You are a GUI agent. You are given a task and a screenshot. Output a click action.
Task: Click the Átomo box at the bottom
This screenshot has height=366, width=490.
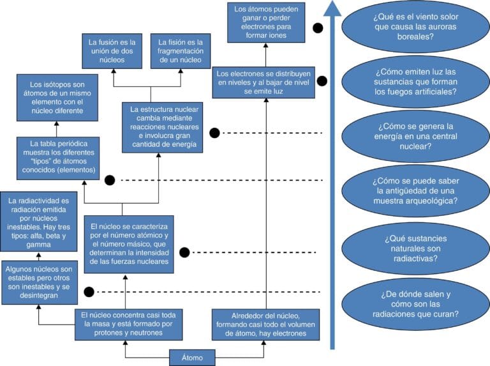pyautogui.click(x=192, y=358)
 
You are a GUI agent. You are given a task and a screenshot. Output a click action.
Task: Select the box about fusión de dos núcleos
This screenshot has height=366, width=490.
pyautogui.click(x=112, y=51)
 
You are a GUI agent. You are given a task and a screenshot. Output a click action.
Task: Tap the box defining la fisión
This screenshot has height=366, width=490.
pyautogui.click(x=181, y=51)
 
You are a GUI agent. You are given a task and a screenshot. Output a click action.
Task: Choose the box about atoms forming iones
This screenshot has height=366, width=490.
pyautogui.click(x=266, y=22)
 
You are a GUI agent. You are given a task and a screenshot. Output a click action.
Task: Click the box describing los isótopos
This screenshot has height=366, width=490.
pyautogui.click(x=57, y=98)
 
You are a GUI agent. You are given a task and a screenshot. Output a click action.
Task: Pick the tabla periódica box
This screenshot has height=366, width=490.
pyautogui.click(x=58, y=158)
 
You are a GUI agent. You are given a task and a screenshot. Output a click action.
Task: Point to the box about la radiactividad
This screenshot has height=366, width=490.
pyautogui.click(x=39, y=222)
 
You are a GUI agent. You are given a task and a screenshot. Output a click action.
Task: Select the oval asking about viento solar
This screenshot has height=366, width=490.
pyautogui.click(x=415, y=27)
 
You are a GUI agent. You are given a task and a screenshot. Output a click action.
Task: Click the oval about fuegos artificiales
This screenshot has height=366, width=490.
pyautogui.click(x=415, y=82)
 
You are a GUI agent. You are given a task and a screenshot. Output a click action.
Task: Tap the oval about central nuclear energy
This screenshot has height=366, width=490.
pyautogui.click(x=415, y=137)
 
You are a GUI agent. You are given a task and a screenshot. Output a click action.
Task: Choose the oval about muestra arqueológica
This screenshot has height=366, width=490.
pyautogui.click(x=415, y=191)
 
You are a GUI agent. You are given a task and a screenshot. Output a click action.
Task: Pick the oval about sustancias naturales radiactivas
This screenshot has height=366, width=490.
pyautogui.click(x=415, y=248)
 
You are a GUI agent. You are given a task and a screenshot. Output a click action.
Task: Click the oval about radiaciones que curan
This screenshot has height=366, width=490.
pyautogui.click(x=415, y=304)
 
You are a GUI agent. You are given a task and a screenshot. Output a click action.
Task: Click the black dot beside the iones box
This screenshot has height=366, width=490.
pyautogui.click(x=318, y=28)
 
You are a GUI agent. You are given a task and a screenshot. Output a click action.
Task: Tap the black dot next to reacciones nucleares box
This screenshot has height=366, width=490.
pyautogui.click(x=214, y=133)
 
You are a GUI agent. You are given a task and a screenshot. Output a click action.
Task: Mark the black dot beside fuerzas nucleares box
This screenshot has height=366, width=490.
pyautogui.click(x=184, y=252)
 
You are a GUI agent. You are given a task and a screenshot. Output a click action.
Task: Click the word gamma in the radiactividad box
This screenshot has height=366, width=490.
pyautogui.click(x=39, y=245)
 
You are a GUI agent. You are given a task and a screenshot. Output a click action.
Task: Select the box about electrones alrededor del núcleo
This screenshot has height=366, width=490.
pyautogui.click(x=265, y=324)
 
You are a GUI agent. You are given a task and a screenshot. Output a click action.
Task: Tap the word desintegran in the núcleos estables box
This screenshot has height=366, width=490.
pyautogui.click(x=39, y=295)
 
